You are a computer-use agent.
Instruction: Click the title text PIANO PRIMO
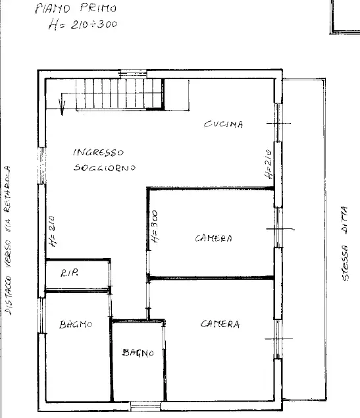75,9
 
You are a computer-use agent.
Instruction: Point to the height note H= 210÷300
82,25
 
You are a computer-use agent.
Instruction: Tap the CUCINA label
223,124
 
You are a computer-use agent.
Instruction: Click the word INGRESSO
98,152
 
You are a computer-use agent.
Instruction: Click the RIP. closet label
69,273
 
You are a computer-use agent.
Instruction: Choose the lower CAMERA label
220,324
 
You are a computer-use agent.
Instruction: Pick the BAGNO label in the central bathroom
138,353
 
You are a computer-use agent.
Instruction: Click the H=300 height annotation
155,228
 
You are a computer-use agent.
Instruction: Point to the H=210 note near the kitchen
269,165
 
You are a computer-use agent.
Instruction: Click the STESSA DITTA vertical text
346,244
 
